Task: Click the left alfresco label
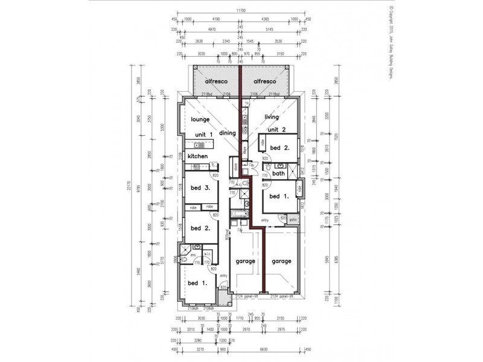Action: click(216, 81)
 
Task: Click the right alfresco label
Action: click(264, 81)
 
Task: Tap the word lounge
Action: click(199, 119)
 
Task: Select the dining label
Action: click(227, 133)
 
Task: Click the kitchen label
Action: click(197, 156)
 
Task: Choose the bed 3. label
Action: click(200, 188)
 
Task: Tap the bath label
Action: click(278, 174)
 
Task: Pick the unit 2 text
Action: click(276, 130)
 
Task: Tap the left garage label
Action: click(245, 261)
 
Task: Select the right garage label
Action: click(281, 261)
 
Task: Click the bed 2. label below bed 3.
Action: click(200, 228)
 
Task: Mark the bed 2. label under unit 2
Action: click(279, 148)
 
